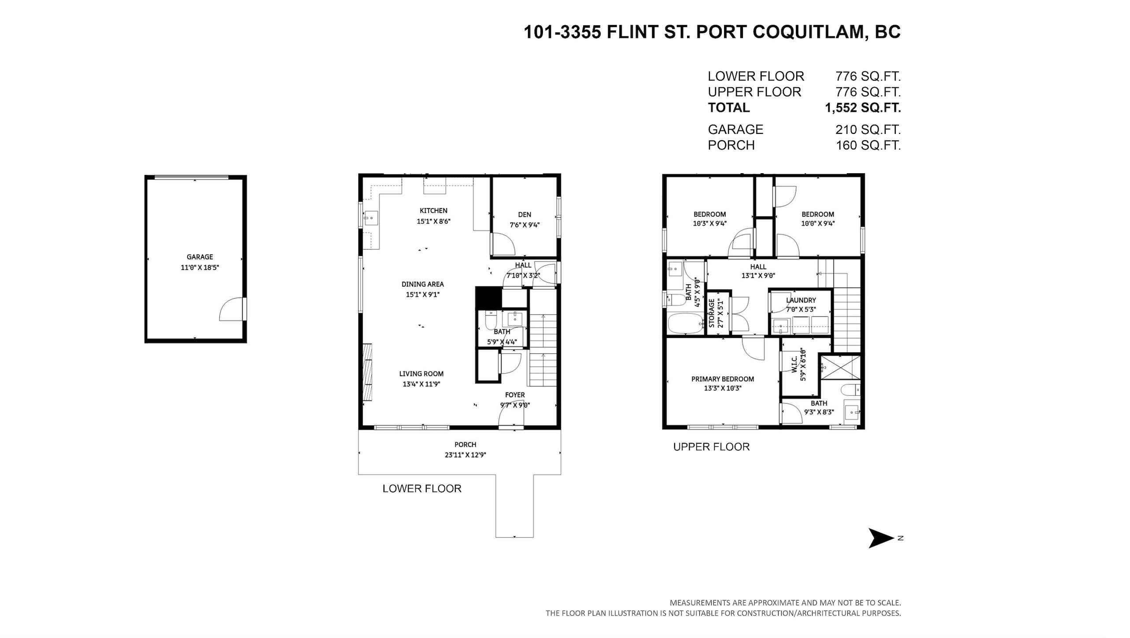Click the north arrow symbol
point(881,538)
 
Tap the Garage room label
point(199,257)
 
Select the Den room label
point(524,215)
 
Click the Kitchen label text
point(433,211)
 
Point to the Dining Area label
point(422,284)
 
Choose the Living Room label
point(421,374)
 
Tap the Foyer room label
point(515,395)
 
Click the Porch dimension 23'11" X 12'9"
point(465,455)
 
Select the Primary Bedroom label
point(722,379)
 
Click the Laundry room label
point(801,300)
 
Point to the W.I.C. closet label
point(794,364)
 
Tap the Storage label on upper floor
point(712,313)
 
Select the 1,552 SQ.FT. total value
point(863,108)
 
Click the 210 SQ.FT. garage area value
point(868,130)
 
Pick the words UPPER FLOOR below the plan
point(711,447)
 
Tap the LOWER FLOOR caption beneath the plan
point(422,489)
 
